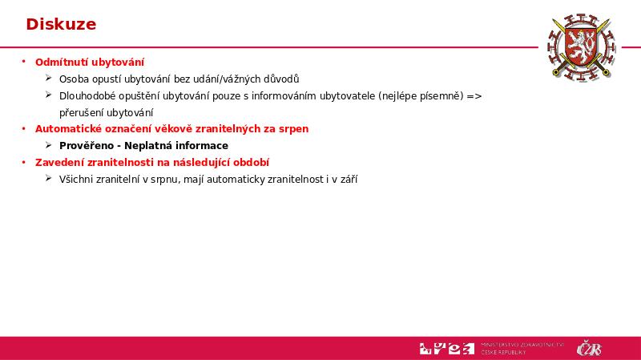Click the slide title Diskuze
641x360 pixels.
click(x=61, y=24)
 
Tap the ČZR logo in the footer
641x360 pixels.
click(x=589, y=349)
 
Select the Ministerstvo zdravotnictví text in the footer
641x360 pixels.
click(x=522, y=348)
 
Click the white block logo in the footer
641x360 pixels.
click(x=446, y=348)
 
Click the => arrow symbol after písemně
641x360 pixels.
click(x=475, y=95)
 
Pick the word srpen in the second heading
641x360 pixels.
click(x=293, y=128)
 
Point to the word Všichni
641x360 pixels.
click(x=76, y=179)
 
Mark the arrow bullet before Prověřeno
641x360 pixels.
click(x=49, y=145)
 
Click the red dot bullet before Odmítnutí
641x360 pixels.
click(x=24, y=62)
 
